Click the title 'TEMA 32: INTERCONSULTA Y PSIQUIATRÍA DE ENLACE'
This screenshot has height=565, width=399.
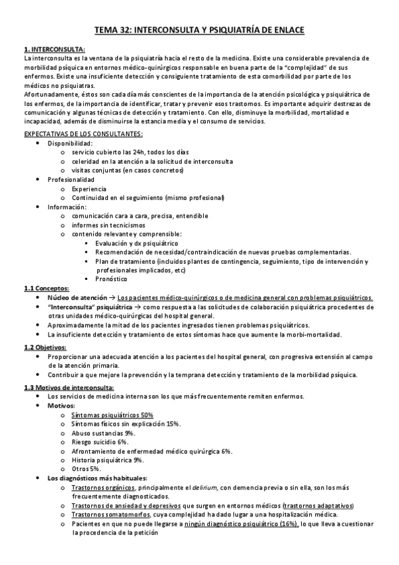[x=199, y=29]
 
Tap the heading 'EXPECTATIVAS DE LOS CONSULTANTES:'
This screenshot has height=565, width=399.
[x=88, y=134]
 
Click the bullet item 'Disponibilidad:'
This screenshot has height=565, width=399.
[x=70, y=143]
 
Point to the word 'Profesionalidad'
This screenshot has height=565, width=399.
[x=71, y=179]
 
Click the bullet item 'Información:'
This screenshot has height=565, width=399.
[x=67, y=207]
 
